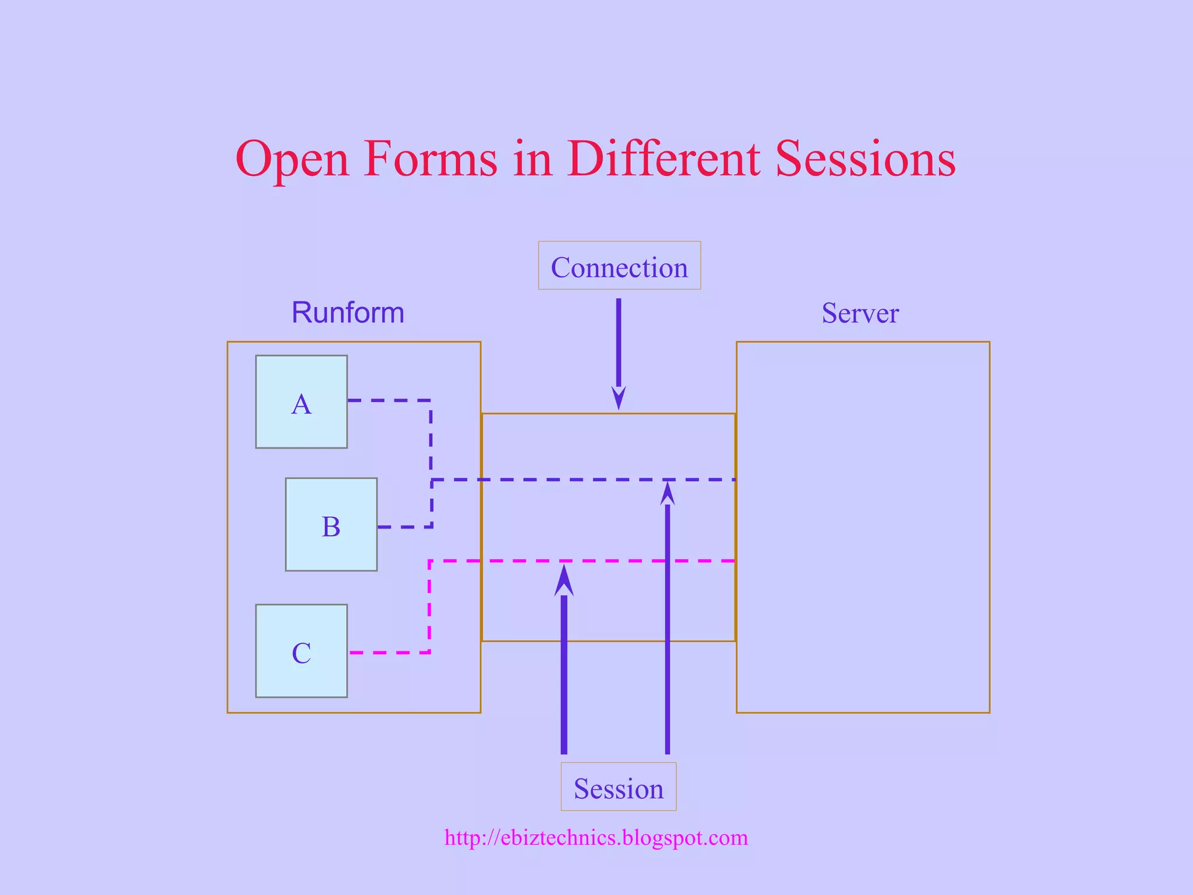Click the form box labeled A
pos(301,401)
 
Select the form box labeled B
pos(331,524)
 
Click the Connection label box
pos(619,266)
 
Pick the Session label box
pos(618,787)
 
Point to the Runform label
pos(348,313)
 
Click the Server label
pos(860,313)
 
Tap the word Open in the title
pos(291,158)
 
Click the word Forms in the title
pos(430,158)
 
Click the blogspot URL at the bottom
pos(596,837)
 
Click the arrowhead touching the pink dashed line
pos(564,580)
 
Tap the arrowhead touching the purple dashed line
pos(668,493)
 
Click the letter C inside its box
pos(301,653)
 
